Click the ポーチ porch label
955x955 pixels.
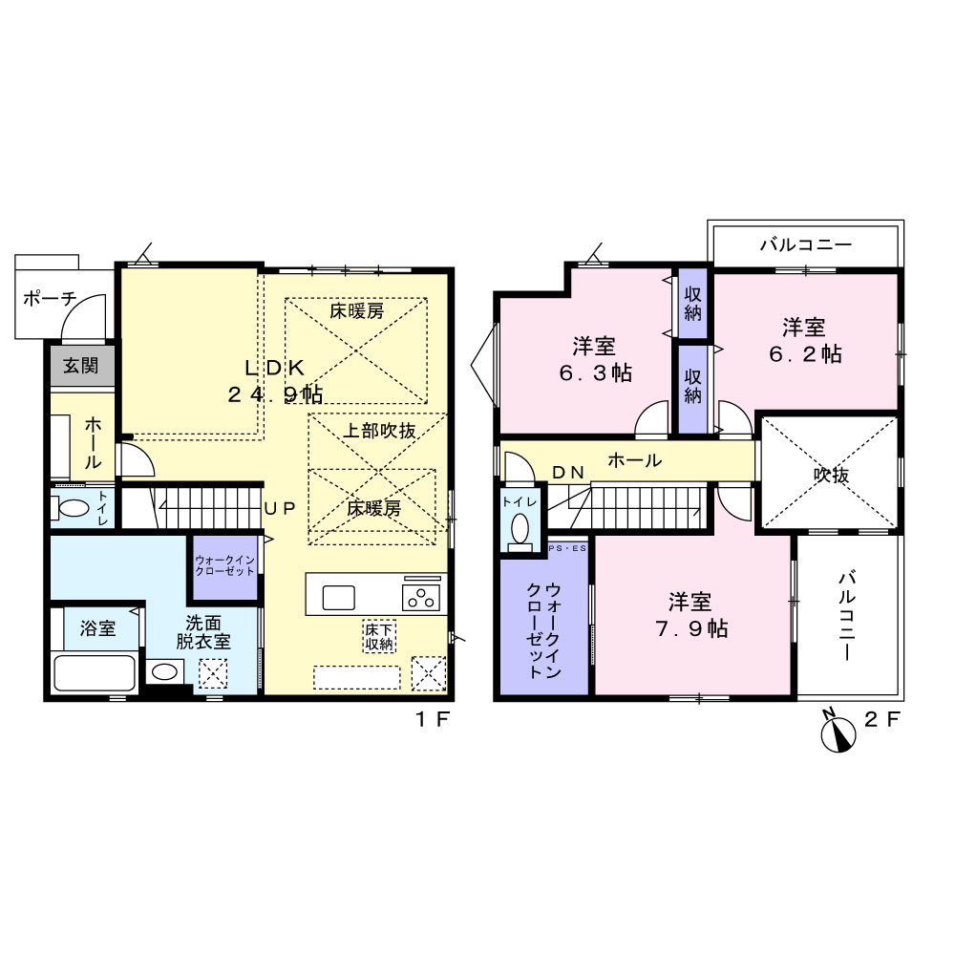coord(50,298)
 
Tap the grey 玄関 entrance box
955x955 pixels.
coord(81,366)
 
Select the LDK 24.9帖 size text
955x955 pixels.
coord(275,381)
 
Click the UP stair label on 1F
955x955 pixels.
coord(280,509)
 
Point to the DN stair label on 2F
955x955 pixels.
coord(568,472)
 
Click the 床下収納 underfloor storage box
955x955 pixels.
coord(379,636)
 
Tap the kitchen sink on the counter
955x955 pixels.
coord(339,598)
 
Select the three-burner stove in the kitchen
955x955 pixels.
coord(421,596)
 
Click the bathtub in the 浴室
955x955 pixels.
coord(94,672)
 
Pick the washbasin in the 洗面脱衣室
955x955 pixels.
coord(164,671)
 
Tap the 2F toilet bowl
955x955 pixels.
coord(520,530)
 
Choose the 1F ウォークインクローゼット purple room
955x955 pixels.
coord(225,566)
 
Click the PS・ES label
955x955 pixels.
coord(567,549)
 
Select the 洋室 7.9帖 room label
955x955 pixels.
coord(691,615)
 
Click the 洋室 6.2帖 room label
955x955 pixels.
coord(805,341)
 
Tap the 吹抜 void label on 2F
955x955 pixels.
coord(832,475)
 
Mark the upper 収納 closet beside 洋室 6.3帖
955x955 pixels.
coord(693,304)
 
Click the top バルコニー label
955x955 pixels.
coord(806,244)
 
